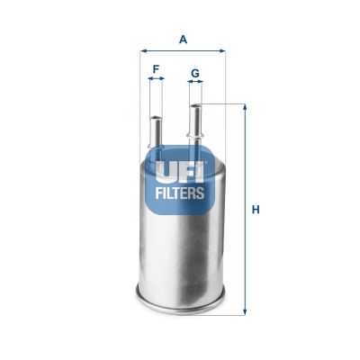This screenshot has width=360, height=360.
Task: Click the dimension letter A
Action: [x=183, y=39]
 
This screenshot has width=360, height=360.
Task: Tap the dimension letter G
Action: [x=195, y=71]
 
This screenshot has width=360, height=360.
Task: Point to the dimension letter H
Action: [x=256, y=210]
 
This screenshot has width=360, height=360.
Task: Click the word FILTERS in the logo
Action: [x=181, y=192]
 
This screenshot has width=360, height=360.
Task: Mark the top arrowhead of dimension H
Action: [x=245, y=107]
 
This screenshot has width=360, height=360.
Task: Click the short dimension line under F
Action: [x=156, y=79]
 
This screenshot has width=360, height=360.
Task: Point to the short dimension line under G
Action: [x=195, y=83]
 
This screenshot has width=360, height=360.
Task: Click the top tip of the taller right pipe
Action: [x=195, y=107]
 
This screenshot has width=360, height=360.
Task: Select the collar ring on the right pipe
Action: [x=195, y=137]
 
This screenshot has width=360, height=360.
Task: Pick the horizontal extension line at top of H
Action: [x=225, y=103]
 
